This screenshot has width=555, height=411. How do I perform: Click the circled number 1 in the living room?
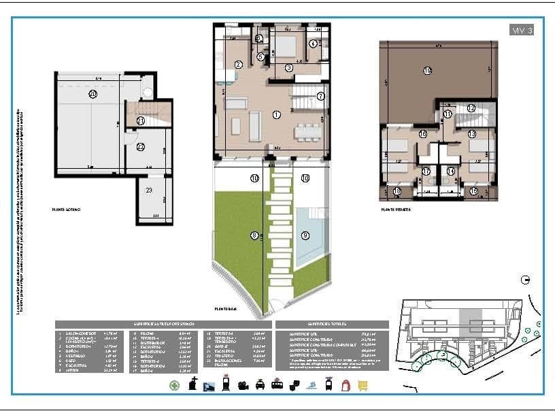click(x=277, y=115)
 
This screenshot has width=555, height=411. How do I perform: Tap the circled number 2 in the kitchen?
click(x=239, y=65)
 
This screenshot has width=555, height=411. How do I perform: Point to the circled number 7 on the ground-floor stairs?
click(x=320, y=96)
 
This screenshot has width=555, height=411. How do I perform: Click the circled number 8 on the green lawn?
click(x=254, y=235)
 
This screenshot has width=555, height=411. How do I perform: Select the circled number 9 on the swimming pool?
click(x=305, y=235)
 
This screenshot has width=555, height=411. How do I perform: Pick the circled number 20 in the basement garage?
click(x=92, y=95)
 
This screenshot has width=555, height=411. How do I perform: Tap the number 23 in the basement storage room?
click(x=149, y=191)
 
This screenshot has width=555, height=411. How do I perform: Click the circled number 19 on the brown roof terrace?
click(x=427, y=71)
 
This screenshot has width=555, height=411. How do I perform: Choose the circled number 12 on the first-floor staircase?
click(x=471, y=108)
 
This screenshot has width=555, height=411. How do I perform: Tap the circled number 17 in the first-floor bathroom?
click(x=426, y=171)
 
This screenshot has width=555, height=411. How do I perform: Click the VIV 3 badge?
click(x=521, y=30)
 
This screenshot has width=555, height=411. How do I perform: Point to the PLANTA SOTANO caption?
click(x=66, y=210)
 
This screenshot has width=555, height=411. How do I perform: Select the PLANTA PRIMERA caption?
click(x=396, y=210)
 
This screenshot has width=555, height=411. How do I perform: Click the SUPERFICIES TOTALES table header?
click(x=332, y=325)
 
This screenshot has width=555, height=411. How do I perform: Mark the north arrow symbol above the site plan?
click(x=524, y=279)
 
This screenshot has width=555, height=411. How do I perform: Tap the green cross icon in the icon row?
click(x=175, y=385)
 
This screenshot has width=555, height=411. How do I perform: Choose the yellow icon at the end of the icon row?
click(x=363, y=385)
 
